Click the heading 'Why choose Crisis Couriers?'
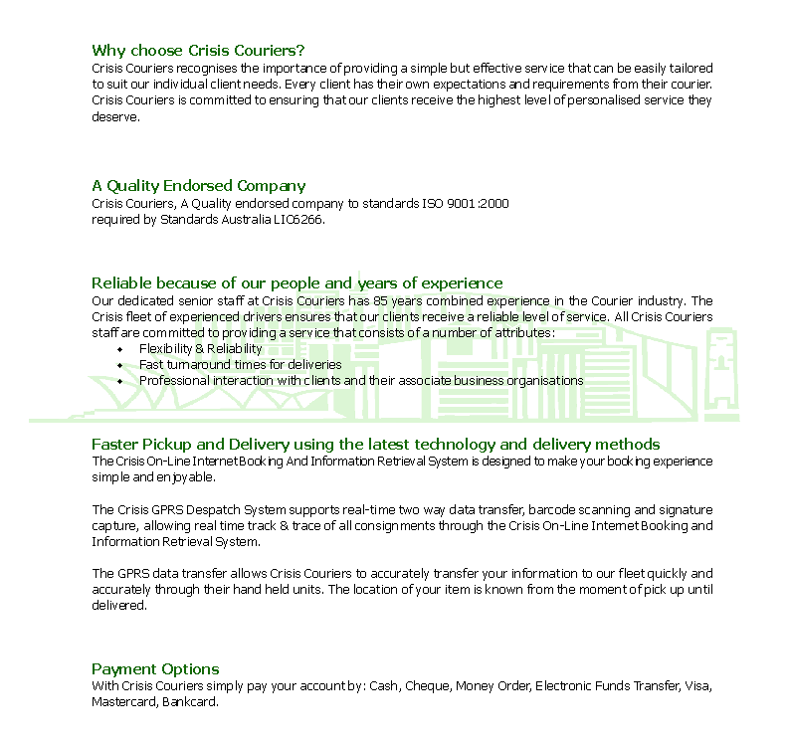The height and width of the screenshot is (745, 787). click(x=198, y=51)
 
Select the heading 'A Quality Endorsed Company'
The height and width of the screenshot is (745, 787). click(x=198, y=186)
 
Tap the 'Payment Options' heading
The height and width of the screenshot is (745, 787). click(x=155, y=669)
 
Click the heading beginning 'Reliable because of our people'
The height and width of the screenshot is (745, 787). click(x=296, y=283)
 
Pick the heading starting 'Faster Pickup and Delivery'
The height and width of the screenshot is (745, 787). click(x=375, y=445)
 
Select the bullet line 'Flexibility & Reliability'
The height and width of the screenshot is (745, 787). click(x=200, y=349)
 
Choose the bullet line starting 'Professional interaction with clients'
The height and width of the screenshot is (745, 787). click(x=360, y=381)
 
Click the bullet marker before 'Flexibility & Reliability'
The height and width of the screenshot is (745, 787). click(x=120, y=350)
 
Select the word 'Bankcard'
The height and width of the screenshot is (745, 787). click(x=189, y=702)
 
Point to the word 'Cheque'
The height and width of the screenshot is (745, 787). click(x=428, y=686)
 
